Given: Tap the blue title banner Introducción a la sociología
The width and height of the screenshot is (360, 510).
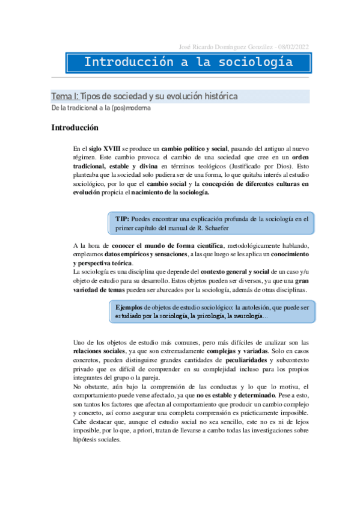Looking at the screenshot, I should coord(188,63).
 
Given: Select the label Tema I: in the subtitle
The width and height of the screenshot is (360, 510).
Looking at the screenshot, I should coord(64,96).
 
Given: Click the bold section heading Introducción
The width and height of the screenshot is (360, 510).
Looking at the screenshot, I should coord(75,127).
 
